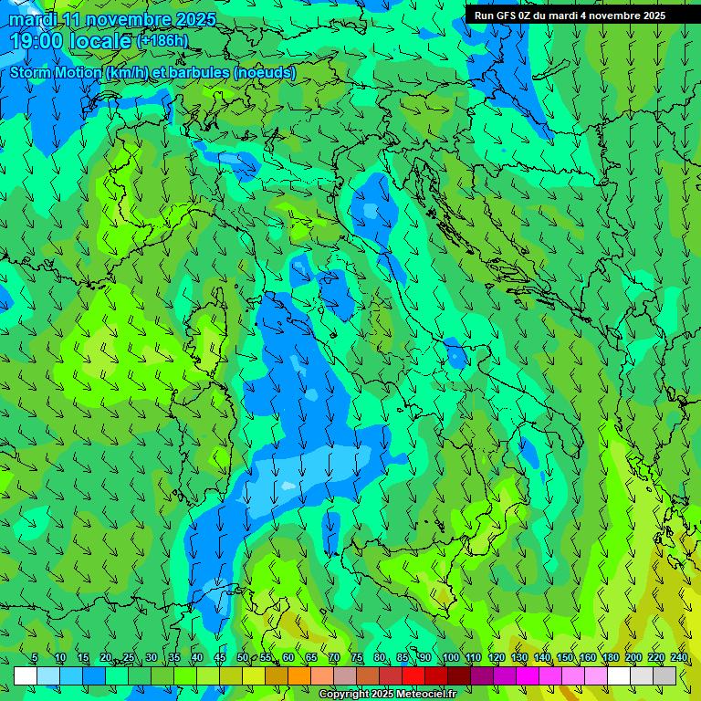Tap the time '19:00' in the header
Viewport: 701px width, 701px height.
tap(37, 41)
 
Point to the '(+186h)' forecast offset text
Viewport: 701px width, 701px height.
tap(162, 40)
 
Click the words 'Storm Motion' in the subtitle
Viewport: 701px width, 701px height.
tap(56, 72)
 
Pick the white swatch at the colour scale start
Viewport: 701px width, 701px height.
tap(26, 675)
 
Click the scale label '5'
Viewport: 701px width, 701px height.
tap(35, 657)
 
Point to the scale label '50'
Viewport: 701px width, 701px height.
tap(243, 657)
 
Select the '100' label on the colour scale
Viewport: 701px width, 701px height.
tap(451, 657)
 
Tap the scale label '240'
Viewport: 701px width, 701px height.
tap(679, 657)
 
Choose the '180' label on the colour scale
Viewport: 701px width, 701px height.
tap(611, 657)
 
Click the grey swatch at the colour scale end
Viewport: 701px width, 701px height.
tap(664, 675)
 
